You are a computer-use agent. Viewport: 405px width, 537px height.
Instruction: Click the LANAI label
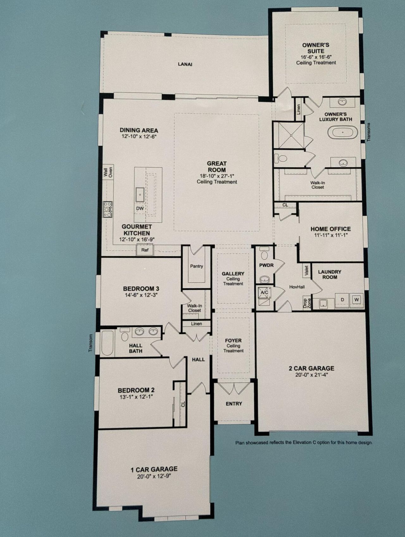click(x=185, y=64)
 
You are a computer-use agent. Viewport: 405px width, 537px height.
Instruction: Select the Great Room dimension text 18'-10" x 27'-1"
click(x=217, y=176)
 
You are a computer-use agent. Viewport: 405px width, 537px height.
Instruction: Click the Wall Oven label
click(x=108, y=172)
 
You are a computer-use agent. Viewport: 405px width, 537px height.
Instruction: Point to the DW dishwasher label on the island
click(x=140, y=208)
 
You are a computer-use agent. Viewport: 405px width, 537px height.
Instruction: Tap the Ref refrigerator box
click(x=145, y=250)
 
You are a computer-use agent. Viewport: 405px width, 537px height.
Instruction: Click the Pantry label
click(x=196, y=266)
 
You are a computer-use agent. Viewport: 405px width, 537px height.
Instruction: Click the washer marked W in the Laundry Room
click(x=357, y=299)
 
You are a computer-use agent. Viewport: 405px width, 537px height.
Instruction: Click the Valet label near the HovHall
click(x=306, y=271)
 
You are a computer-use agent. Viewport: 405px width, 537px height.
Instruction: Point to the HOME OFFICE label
click(x=330, y=229)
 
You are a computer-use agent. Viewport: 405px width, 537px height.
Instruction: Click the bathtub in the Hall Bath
click(x=107, y=343)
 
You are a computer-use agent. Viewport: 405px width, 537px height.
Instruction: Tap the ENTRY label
click(x=234, y=404)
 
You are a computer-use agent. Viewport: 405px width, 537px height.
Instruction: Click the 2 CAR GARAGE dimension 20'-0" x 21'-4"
click(x=311, y=375)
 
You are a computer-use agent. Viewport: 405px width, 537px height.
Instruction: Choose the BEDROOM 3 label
click(x=141, y=288)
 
